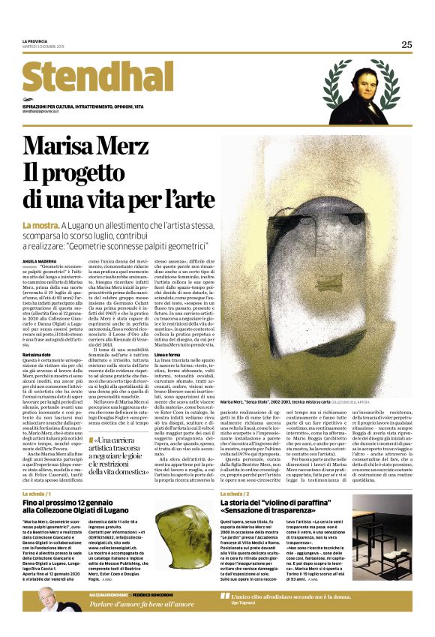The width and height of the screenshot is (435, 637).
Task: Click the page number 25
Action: (406, 44)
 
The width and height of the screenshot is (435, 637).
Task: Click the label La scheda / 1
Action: (37, 494)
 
